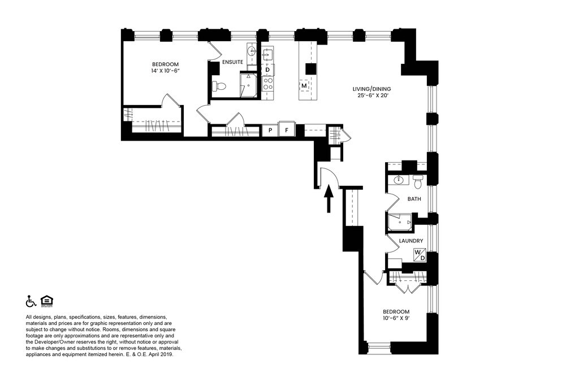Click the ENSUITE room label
pos(232,62)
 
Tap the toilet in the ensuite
pos(219,86)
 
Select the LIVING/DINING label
pos(371,89)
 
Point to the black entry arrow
pos(329,199)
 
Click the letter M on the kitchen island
pos(304,86)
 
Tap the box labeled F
pos(287,130)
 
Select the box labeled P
pos(270,131)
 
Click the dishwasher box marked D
pos(267,70)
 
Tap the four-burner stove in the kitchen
pos(267,84)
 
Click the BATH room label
pos(414,199)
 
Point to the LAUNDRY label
pos(411,241)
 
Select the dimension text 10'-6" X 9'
pos(396,318)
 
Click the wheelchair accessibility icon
pos(31,301)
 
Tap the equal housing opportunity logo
pos(47,301)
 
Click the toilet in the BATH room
pos(418,181)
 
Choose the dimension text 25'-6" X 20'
pos(372,95)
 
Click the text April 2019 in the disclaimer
pos(162,354)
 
